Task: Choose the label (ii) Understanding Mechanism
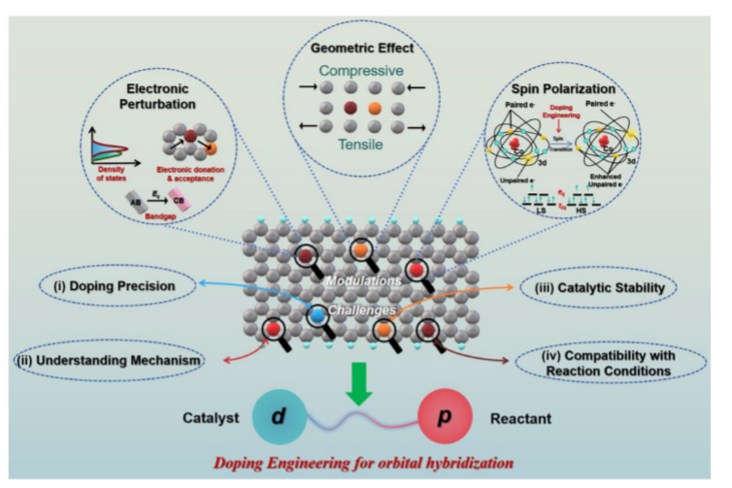109,362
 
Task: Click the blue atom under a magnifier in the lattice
316,317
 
